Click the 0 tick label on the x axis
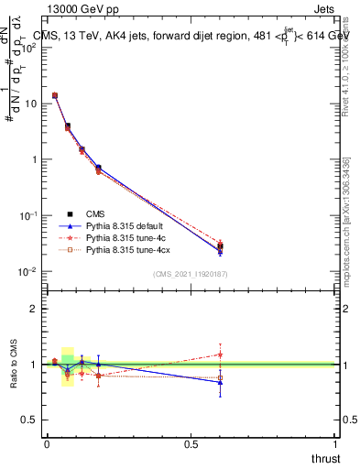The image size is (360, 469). [46, 443]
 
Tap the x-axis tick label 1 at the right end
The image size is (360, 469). [336, 443]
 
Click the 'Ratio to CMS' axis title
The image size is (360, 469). [14, 365]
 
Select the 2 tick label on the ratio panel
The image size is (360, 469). [33, 309]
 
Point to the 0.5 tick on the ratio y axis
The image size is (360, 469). [30, 420]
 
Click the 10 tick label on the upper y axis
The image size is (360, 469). [29, 104]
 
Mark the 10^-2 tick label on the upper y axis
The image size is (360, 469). [27, 272]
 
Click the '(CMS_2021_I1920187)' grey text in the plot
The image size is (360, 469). [191, 274]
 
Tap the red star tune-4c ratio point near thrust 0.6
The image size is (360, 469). [220, 354]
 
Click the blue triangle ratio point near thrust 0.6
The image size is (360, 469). [220, 383]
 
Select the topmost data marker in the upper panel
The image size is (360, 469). [55, 95]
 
